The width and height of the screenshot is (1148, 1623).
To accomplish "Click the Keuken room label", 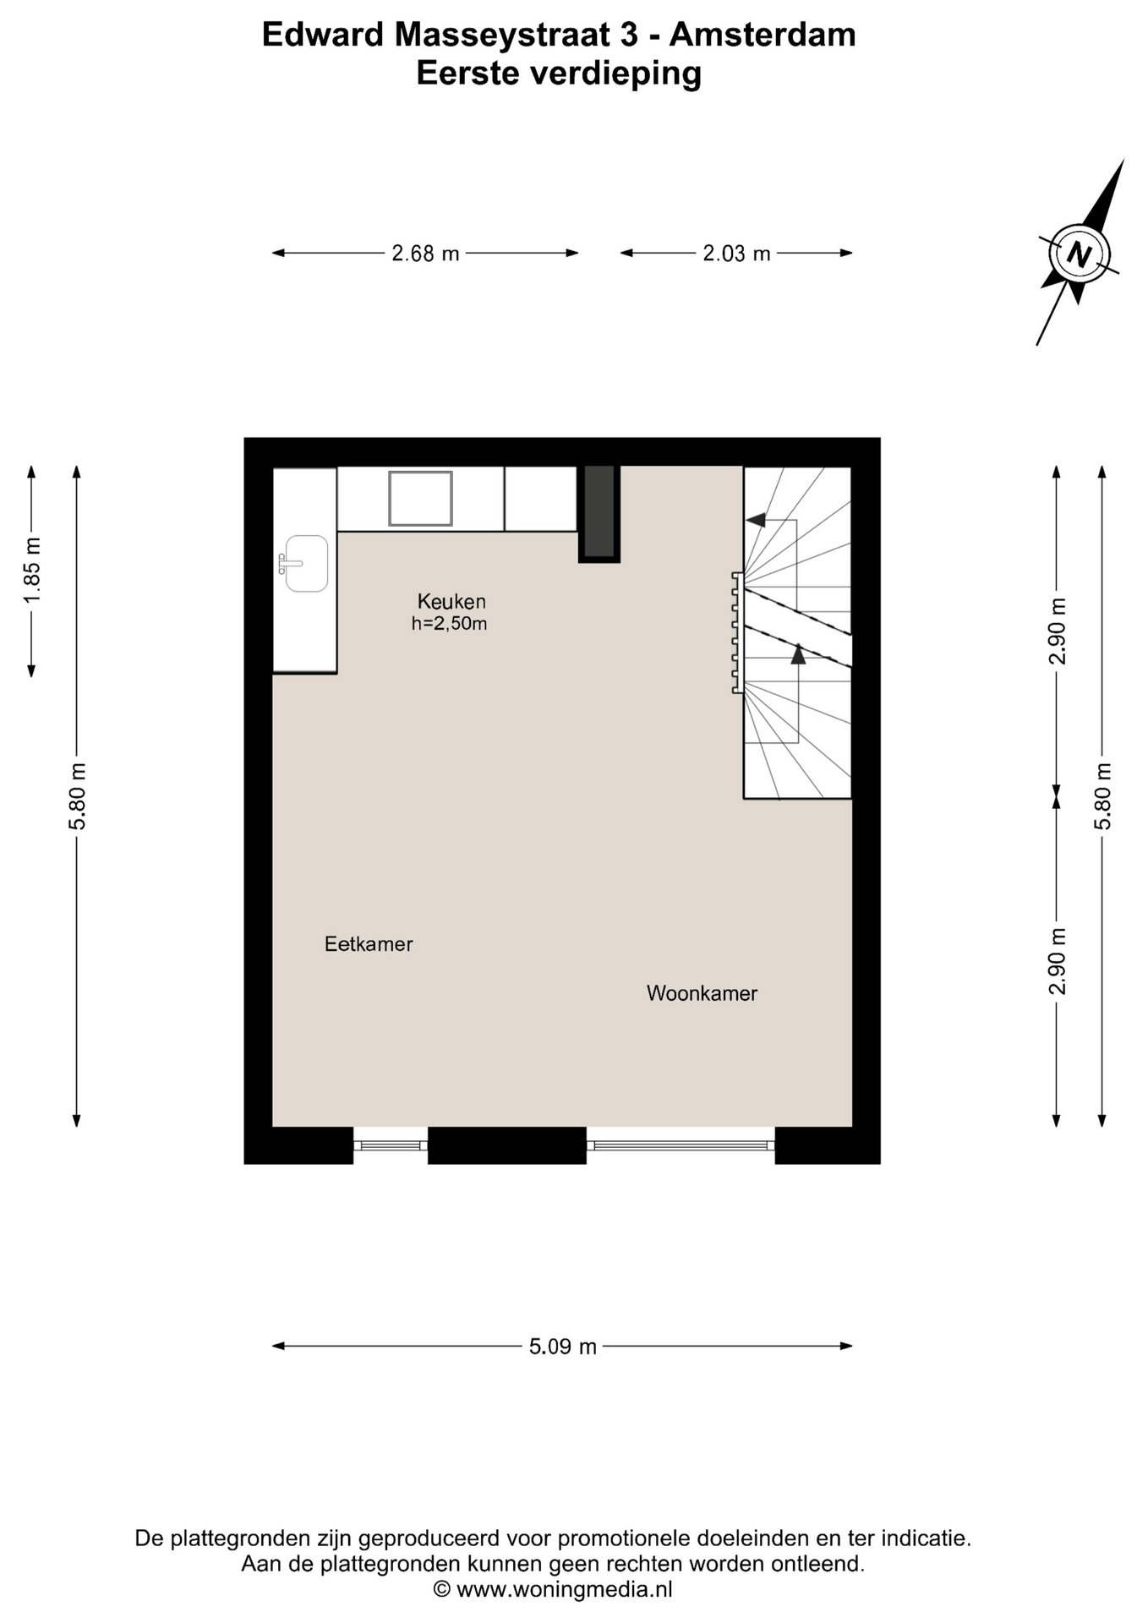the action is click(x=451, y=602).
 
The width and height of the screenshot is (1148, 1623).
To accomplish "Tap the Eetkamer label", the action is click(x=369, y=944).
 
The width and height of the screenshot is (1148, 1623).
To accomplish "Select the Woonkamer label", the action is click(x=702, y=993).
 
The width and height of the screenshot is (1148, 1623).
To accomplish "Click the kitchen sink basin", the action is click(x=306, y=563).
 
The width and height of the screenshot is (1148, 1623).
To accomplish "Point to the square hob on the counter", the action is click(x=420, y=499).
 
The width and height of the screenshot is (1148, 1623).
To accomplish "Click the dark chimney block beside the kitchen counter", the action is click(x=599, y=512).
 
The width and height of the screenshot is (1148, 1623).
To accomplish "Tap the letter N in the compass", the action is click(x=1079, y=254).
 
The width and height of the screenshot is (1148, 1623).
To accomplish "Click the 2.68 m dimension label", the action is click(x=425, y=254).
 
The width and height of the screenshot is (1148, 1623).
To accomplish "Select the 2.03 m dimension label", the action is click(x=736, y=254).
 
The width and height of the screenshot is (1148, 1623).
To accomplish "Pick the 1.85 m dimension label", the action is click(x=32, y=571).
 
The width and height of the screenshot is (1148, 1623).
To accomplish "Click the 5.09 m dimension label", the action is click(x=563, y=1347).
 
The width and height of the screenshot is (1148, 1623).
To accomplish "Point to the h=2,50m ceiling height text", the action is click(x=449, y=624).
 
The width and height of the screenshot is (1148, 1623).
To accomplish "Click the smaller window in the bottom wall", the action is click(x=391, y=1145).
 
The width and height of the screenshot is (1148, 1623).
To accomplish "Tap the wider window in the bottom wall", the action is click(x=681, y=1145).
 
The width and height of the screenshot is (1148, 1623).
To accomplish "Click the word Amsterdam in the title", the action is click(x=763, y=35).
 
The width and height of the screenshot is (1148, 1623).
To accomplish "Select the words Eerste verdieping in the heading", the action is click(x=559, y=74).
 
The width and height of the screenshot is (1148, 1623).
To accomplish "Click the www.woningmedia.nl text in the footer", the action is click(x=565, y=1589).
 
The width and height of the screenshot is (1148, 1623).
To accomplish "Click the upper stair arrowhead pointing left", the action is click(x=756, y=520).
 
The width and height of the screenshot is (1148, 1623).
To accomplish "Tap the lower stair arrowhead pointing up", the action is click(x=798, y=653).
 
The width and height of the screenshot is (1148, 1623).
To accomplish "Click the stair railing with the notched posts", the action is click(x=738, y=633).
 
